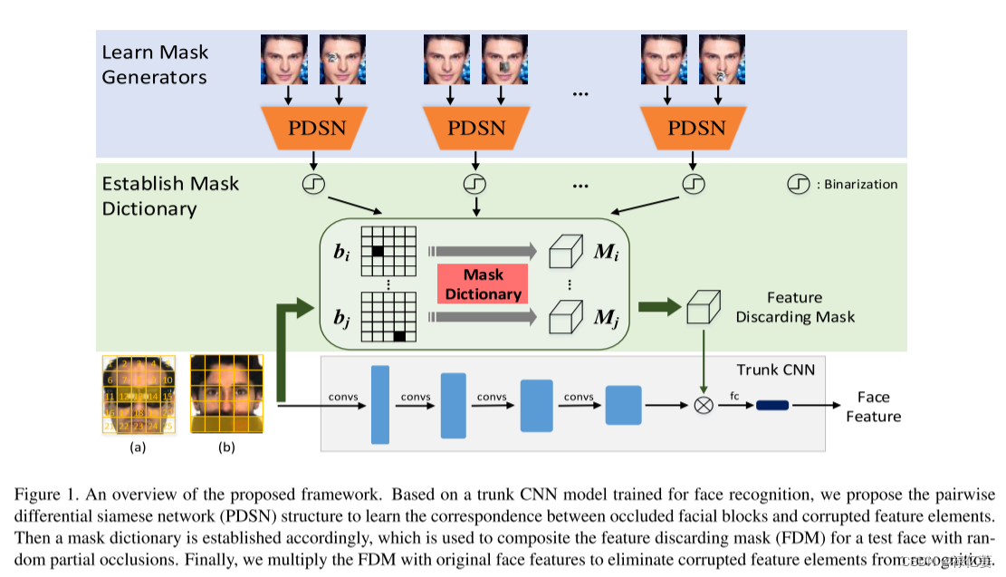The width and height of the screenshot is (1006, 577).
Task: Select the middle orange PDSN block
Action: (476, 128)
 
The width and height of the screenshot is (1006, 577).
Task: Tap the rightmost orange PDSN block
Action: (693, 128)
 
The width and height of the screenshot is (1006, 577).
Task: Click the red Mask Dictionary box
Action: (483, 284)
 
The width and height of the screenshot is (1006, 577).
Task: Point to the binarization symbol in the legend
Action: (798, 185)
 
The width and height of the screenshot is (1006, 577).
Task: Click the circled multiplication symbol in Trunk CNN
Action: (703, 405)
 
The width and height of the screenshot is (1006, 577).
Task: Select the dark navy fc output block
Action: (772, 405)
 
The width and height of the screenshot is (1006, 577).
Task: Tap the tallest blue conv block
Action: (379, 405)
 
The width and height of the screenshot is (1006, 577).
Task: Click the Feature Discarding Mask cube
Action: (702, 306)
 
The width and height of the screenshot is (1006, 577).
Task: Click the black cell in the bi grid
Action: (378, 251)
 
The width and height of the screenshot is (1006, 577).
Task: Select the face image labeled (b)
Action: (226, 393)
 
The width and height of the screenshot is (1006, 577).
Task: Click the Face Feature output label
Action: (873, 407)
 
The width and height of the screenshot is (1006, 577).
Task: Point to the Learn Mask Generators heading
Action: (154, 64)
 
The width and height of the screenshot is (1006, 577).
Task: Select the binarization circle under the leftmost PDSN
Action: (313, 185)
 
